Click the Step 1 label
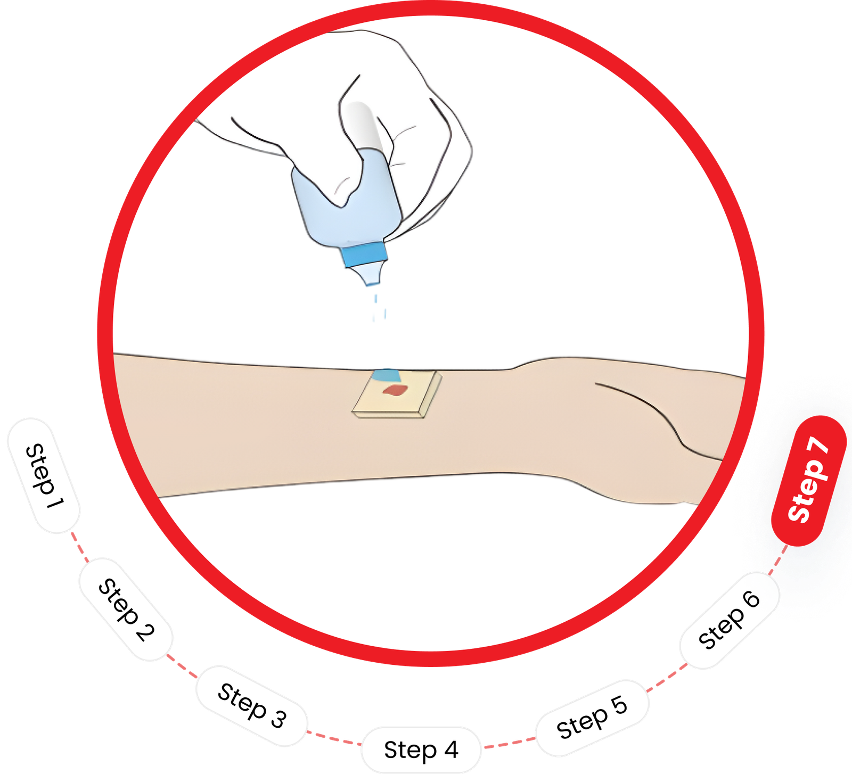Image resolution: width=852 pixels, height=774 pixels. [x=44, y=475]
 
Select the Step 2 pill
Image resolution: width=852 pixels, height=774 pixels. [x=126, y=610]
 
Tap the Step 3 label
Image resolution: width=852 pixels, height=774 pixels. [x=252, y=706]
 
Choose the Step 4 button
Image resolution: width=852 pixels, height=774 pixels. [x=421, y=750]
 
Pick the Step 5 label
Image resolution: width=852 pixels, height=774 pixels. [x=593, y=718]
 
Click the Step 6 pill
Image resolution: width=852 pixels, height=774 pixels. [x=730, y=620]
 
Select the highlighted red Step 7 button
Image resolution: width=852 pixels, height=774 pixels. [x=809, y=480]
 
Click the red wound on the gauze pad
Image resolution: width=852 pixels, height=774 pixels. [x=395, y=391]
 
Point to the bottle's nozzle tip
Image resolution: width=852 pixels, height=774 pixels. [x=372, y=283]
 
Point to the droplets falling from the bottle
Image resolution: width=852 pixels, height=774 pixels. [x=380, y=307]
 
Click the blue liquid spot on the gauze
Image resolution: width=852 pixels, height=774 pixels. [x=387, y=375]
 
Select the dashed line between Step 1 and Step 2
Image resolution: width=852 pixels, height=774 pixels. [x=80, y=546]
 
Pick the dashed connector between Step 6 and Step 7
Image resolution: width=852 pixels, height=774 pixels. [x=777, y=559]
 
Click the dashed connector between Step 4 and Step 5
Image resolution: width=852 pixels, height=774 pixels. [x=509, y=743]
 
